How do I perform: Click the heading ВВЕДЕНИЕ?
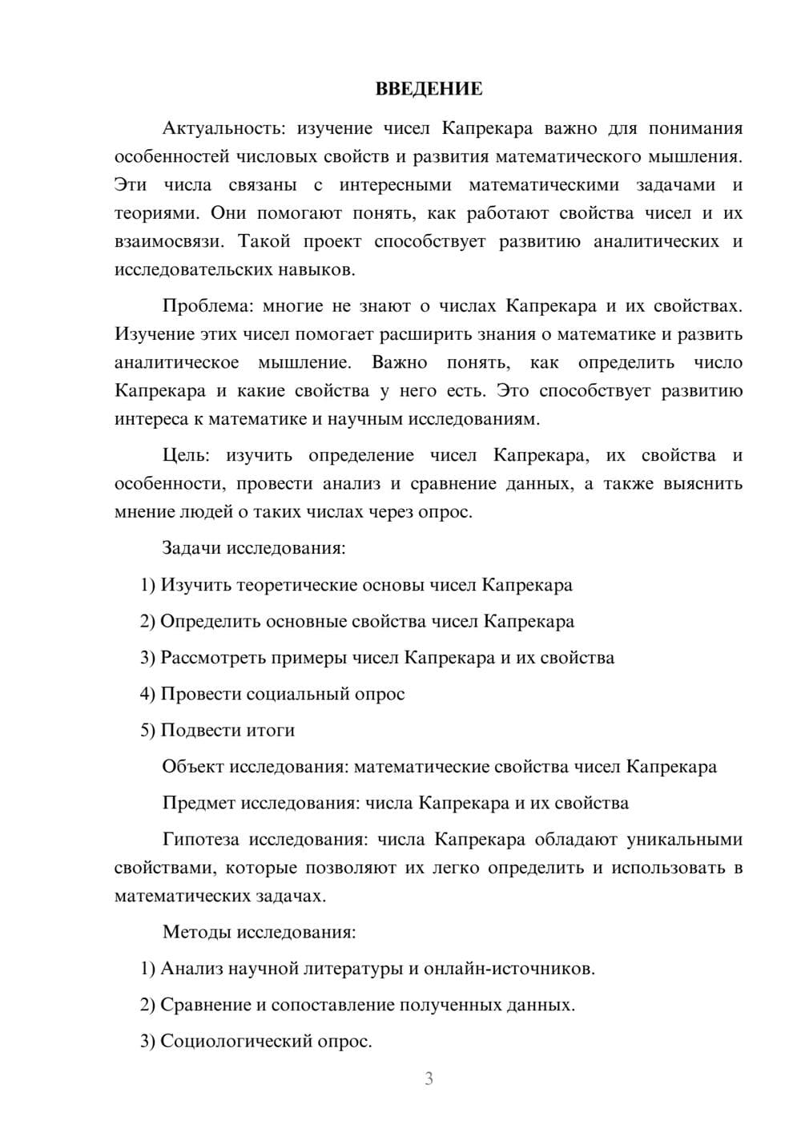point(429,89)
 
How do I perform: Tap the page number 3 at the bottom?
point(429,1079)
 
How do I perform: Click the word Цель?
point(186,455)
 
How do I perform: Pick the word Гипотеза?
point(200,839)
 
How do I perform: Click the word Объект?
point(193,766)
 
